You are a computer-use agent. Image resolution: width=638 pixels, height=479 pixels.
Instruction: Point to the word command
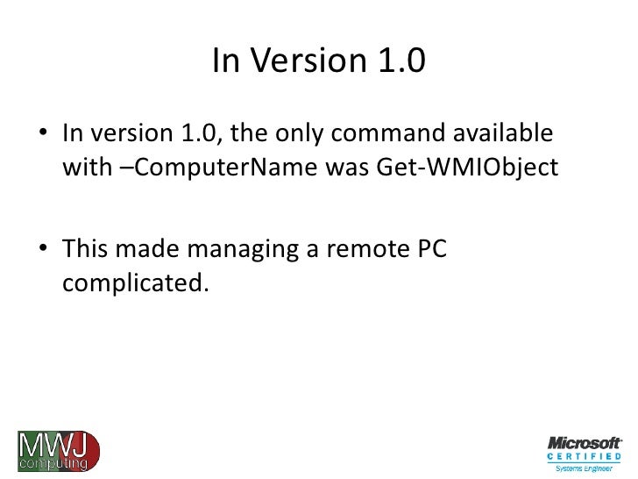(x=389, y=137)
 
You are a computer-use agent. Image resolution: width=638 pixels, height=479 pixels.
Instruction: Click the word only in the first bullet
(x=303, y=137)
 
